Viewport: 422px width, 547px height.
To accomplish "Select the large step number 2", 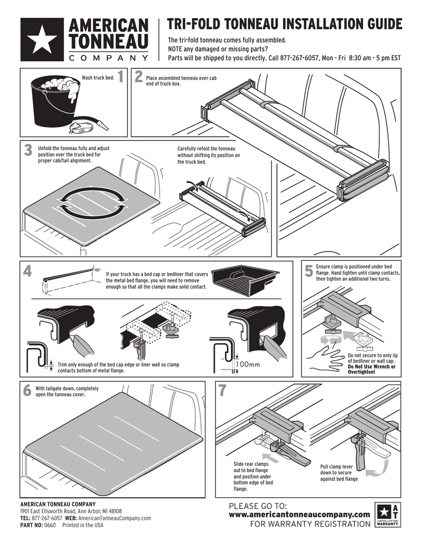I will click(139, 78).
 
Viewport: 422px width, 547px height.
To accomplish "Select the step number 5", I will click(309, 271).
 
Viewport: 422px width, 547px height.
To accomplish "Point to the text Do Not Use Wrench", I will click(371, 367).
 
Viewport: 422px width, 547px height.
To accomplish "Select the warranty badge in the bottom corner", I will click(387, 515).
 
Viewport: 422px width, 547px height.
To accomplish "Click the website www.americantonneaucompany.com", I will click(299, 514).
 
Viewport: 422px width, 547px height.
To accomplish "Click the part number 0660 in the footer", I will click(50, 525).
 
